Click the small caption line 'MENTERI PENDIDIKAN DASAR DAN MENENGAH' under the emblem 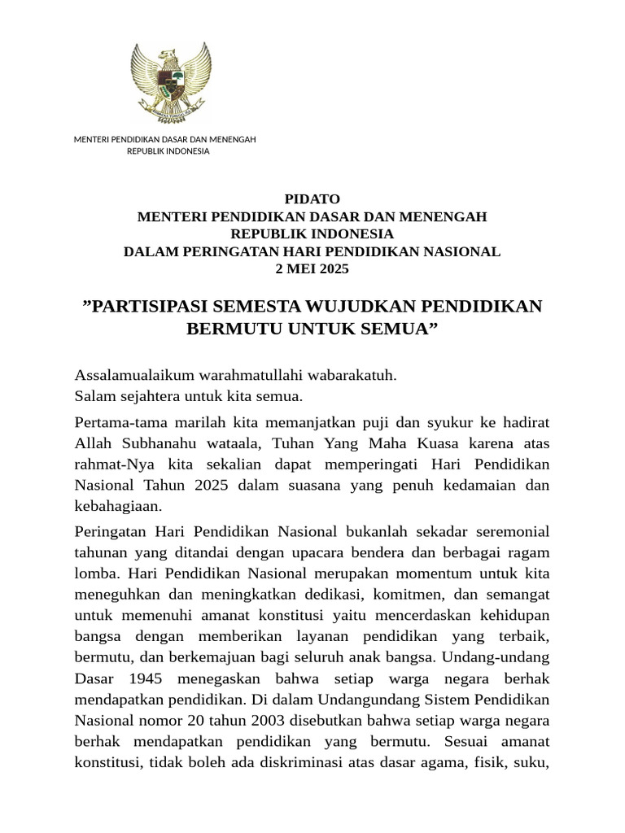[x=165, y=139]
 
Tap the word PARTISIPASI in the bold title [x=148, y=307]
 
